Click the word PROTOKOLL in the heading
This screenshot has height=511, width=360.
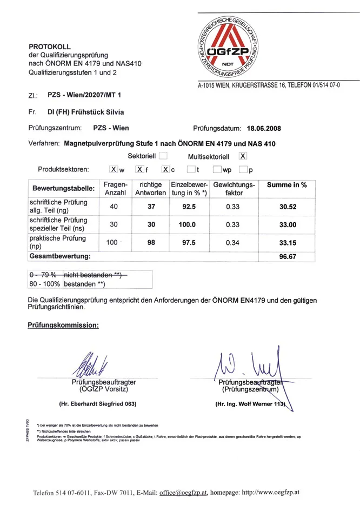pos(50,47)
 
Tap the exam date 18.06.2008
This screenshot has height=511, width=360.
pos(264,129)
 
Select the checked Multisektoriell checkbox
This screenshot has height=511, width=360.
pos(243,156)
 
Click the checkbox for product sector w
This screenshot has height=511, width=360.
pos(114,170)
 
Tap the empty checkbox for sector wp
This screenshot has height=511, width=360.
pos(217,170)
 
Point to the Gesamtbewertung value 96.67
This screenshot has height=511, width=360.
pos(288,257)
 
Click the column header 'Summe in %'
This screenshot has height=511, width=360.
pos(287,185)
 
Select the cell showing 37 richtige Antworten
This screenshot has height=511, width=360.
pos(151,206)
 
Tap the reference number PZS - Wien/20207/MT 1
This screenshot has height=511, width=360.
pos(84,95)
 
